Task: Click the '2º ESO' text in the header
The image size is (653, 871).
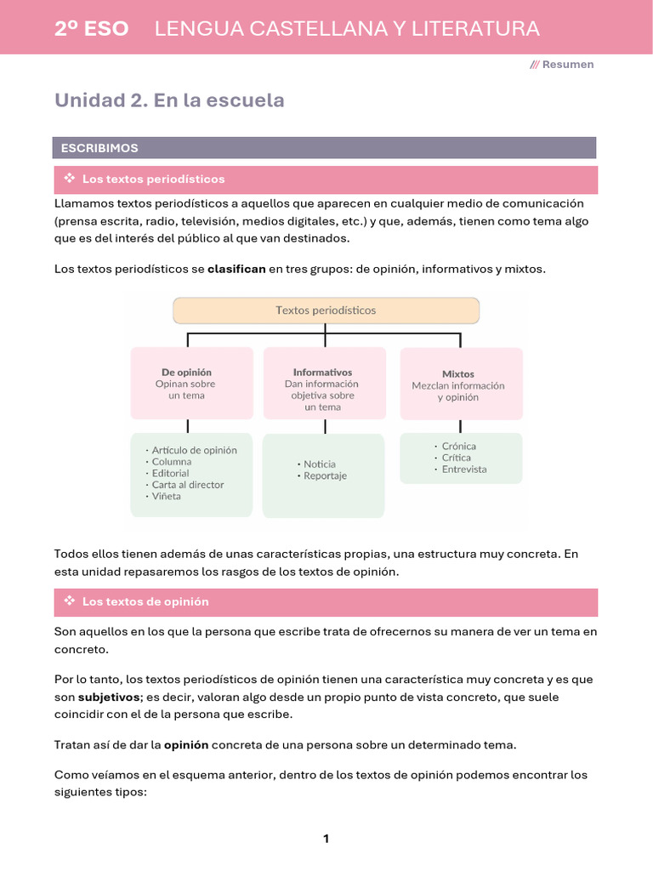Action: pyautogui.click(x=91, y=29)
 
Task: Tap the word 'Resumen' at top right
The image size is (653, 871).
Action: pyautogui.click(x=568, y=65)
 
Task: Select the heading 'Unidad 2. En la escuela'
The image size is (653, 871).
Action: pyautogui.click(x=169, y=100)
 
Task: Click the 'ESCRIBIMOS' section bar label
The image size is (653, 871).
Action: pyautogui.click(x=99, y=148)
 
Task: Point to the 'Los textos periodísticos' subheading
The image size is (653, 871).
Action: pyautogui.click(x=153, y=179)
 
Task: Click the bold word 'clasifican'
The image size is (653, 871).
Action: pyautogui.click(x=236, y=269)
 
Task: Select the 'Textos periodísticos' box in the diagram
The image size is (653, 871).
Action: pyautogui.click(x=326, y=310)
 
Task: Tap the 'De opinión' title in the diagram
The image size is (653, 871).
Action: pyautogui.click(x=186, y=372)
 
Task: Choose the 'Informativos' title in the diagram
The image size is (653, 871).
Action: pyautogui.click(x=322, y=372)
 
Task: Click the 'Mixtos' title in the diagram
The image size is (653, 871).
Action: pyautogui.click(x=458, y=373)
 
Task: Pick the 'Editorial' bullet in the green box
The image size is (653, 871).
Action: pyautogui.click(x=170, y=473)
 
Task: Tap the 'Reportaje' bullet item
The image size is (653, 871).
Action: pyautogui.click(x=325, y=476)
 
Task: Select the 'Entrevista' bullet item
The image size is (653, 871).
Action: pyautogui.click(x=463, y=469)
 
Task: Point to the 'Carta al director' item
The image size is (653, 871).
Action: pyautogui.click(x=187, y=485)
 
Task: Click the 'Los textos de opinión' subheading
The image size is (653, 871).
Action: pyautogui.click(x=145, y=601)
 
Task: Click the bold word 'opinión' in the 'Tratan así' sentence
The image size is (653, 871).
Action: pyautogui.click(x=185, y=744)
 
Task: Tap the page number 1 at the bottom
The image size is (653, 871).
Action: pyautogui.click(x=326, y=839)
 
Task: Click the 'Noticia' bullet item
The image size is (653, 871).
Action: pyautogui.click(x=319, y=464)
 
